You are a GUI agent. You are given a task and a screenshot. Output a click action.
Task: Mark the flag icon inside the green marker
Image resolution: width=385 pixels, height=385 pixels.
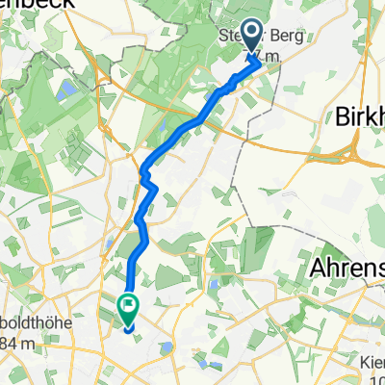tap(127, 306)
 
